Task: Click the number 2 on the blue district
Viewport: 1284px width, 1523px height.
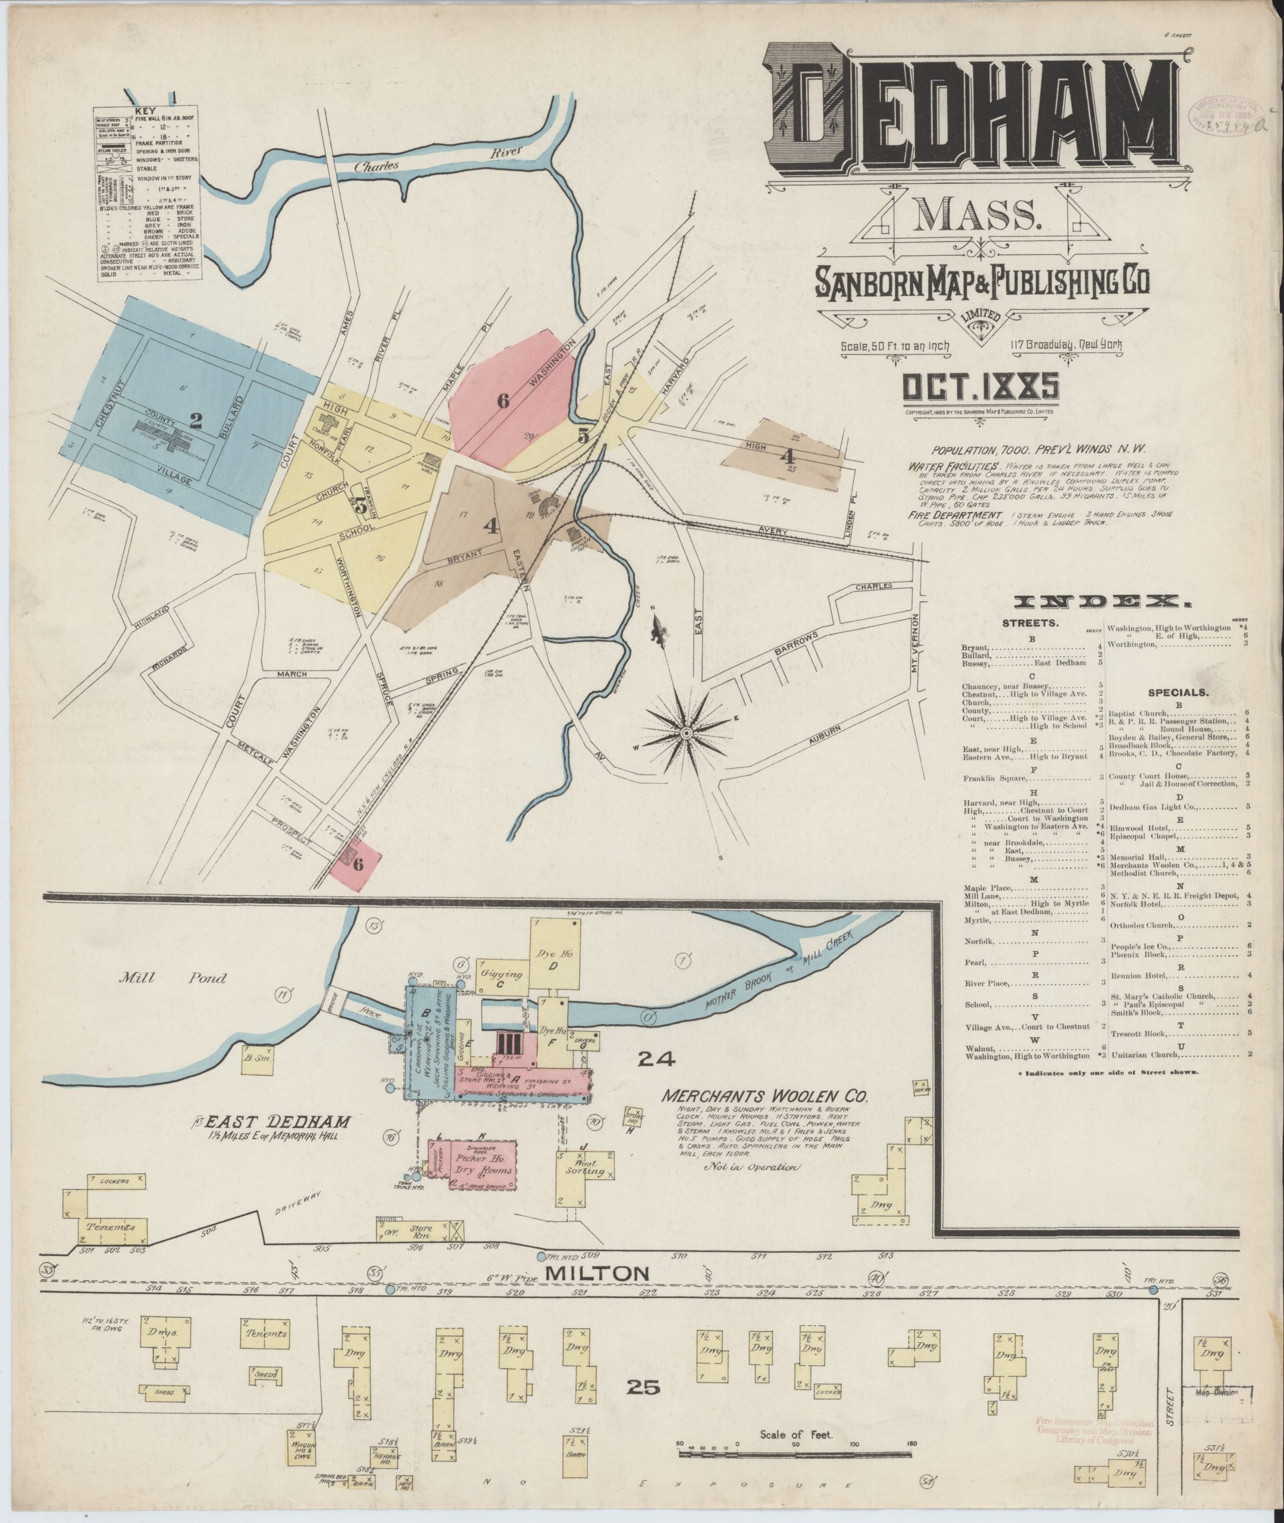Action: tap(195, 420)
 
